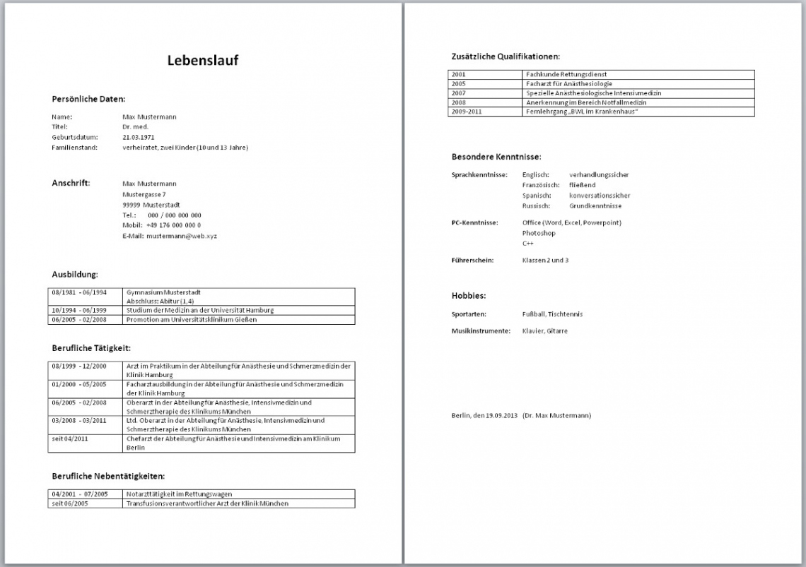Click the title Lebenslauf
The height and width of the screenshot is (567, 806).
(x=203, y=60)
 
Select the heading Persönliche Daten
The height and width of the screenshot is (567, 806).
(x=88, y=99)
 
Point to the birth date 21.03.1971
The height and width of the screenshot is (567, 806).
(x=139, y=137)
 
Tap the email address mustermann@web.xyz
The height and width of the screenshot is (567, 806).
(x=182, y=236)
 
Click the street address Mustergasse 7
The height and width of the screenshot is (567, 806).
(x=144, y=193)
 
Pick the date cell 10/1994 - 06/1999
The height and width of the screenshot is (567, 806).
(x=78, y=310)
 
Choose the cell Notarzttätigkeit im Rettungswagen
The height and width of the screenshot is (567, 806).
(x=179, y=494)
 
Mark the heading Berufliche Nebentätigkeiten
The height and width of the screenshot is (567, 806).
(x=108, y=477)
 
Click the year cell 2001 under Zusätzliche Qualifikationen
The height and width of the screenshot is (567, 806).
(x=459, y=74)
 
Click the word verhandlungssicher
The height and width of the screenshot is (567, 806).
(x=598, y=174)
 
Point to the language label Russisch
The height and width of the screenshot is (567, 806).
(x=536, y=206)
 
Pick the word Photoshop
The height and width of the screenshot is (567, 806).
(x=539, y=233)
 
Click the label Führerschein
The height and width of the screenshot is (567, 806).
(x=472, y=260)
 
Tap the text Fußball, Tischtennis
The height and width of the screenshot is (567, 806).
(x=552, y=314)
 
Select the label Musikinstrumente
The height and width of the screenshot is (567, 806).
(x=481, y=330)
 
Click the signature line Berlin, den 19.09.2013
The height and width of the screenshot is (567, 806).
(x=484, y=415)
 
